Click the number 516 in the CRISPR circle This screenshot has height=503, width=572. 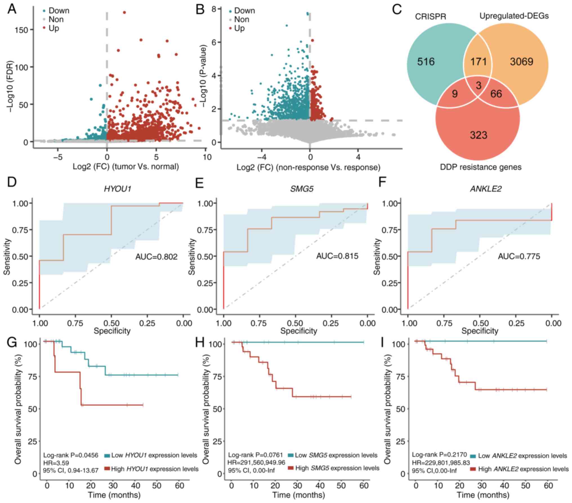(426, 62)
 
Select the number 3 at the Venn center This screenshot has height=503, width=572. (479, 85)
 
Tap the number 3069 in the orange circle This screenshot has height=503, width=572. (521, 62)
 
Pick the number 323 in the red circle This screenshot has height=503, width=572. (478, 135)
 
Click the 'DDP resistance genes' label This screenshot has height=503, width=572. (481, 167)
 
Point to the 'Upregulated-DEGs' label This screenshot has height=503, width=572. (514, 16)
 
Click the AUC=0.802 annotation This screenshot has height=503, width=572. (157, 257)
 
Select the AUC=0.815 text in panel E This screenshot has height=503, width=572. (337, 256)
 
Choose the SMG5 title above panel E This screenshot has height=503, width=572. (302, 189)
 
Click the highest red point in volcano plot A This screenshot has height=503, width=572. (124, 12)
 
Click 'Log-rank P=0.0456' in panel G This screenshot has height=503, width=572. (71, 455)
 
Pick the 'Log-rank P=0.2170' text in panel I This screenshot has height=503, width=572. (439, 455)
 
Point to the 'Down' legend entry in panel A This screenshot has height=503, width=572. (59, 11)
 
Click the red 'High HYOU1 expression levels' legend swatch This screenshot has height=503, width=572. (107, 469)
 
